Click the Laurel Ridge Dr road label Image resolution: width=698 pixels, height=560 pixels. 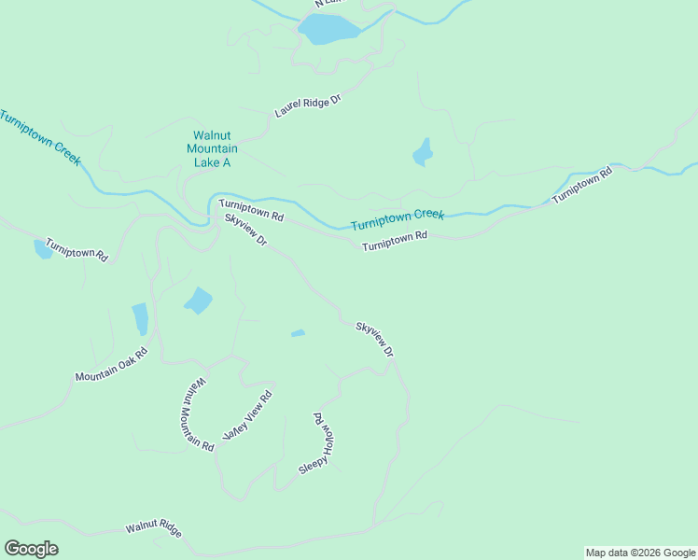click(x=308, y=105)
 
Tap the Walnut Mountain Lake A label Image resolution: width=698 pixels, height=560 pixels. click(x=212, y=148)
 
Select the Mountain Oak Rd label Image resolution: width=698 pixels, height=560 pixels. click(x=112, y=364)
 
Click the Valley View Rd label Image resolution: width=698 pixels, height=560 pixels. click(x=246, y=416)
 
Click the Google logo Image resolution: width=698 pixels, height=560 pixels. click(x=31, y=549)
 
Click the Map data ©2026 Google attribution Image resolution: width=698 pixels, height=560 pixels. click(x=640, y=553)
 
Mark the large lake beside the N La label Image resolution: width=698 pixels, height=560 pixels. click(x=328, y=30)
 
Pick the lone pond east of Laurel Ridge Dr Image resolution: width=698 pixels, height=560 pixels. click(x=424, y=152)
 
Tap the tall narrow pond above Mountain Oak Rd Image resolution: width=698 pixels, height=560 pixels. click(x=140, y=318)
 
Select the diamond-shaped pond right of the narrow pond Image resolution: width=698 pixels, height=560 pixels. click(x=198, y=301)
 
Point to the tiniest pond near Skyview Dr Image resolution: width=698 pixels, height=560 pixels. click(x=298, y=333)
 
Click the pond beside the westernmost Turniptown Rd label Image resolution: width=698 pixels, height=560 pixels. click(x=43, y=249)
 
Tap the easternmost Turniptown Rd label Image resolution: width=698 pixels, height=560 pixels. click(x=581, y=186)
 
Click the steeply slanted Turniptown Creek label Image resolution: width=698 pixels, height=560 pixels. click(x=39, y=138)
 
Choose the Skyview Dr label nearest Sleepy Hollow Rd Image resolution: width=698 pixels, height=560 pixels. click(x=375, y=340)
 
